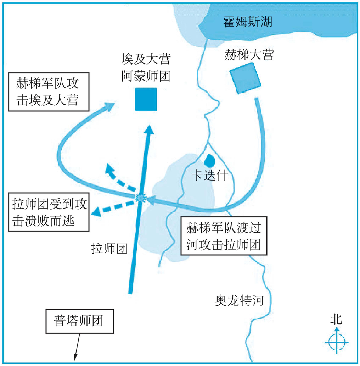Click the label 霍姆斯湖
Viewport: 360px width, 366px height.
point(248,22)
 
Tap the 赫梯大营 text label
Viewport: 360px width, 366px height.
point(249,55)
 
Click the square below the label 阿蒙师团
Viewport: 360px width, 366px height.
point(146,99)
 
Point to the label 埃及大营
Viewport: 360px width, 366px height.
point(145,59)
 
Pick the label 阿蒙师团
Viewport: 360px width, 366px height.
point(145,76)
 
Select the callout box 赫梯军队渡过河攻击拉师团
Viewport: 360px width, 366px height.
point(224,236)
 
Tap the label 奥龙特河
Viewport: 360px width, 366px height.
point(240,301)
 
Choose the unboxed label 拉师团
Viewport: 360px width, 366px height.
point(109,249)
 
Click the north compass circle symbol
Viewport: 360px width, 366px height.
point(336,342)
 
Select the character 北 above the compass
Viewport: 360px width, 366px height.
point(336,320)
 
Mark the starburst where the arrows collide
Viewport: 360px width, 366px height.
point(141,198)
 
